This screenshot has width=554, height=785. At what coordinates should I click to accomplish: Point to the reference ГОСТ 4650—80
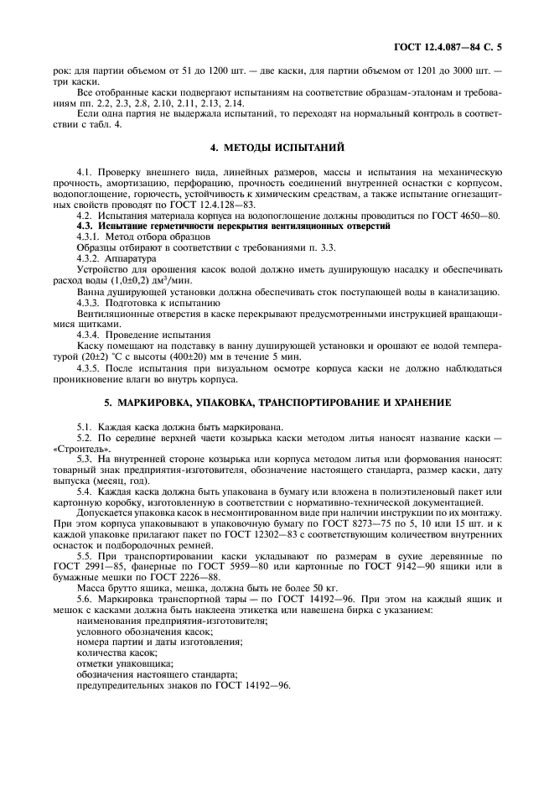(467, 216)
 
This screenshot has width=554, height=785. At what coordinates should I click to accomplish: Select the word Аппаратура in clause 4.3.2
(127, 258)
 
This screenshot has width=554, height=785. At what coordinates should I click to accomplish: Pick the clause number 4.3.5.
(91, 367)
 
